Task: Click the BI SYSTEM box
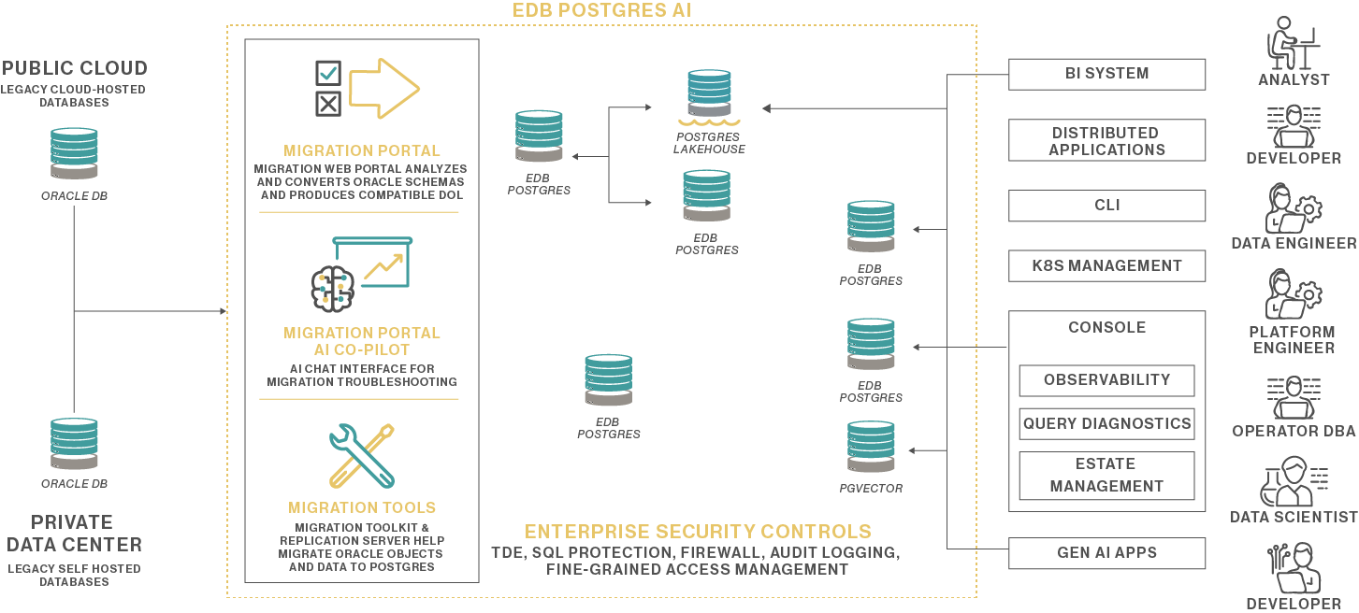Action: [x=1106, y=74]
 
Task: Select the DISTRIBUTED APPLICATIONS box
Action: [x=1106, y=140]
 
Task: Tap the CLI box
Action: [x=1106, y=206]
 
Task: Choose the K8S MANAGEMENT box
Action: [x=1106, y=265]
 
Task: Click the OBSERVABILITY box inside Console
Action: [x=1106, y=380]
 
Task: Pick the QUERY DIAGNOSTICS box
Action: [x=1106, y=424]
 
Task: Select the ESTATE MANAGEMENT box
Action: [x=1106, y=476]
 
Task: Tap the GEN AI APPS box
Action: [x=1106, y=553]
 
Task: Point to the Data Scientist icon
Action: [x=1294, y=481]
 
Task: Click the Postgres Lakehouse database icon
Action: [x=709, y=96]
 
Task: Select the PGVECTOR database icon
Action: [x=871, y=447]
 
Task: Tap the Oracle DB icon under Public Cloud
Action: [x=74, y=153]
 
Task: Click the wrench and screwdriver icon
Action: [x=362, y=456]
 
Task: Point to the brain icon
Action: [x=332, y=290]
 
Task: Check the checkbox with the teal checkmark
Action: [x=328, y=74]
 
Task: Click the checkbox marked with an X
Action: [x=328, y=104]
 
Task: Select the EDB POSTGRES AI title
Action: [x=601, y=10]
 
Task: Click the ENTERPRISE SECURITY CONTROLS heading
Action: [x=698, y=531]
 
